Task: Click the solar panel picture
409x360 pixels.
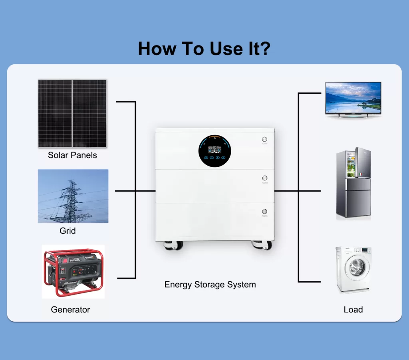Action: tap(72, 113)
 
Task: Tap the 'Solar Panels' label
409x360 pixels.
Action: tap(72, 155)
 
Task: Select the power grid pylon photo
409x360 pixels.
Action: tap(73, 196)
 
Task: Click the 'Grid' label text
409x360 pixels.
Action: tap(68, 231)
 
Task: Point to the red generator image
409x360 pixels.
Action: tap(73, 272)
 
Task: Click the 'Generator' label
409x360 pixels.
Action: tap(70, 309)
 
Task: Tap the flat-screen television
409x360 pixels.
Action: tap(353, 99)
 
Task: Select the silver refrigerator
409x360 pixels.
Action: tap(353, 183)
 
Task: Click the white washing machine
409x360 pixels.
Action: tap(353, 269)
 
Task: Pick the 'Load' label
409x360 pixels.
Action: tap(353, 309)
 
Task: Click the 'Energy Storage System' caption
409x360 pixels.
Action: tap(210, 285)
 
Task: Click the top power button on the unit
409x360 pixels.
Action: tap(264, 140)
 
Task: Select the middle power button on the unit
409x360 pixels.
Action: tap(264, 178)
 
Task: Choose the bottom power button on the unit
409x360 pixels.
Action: tap(264, 212)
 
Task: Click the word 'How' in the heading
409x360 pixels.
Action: tap(157, 49)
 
